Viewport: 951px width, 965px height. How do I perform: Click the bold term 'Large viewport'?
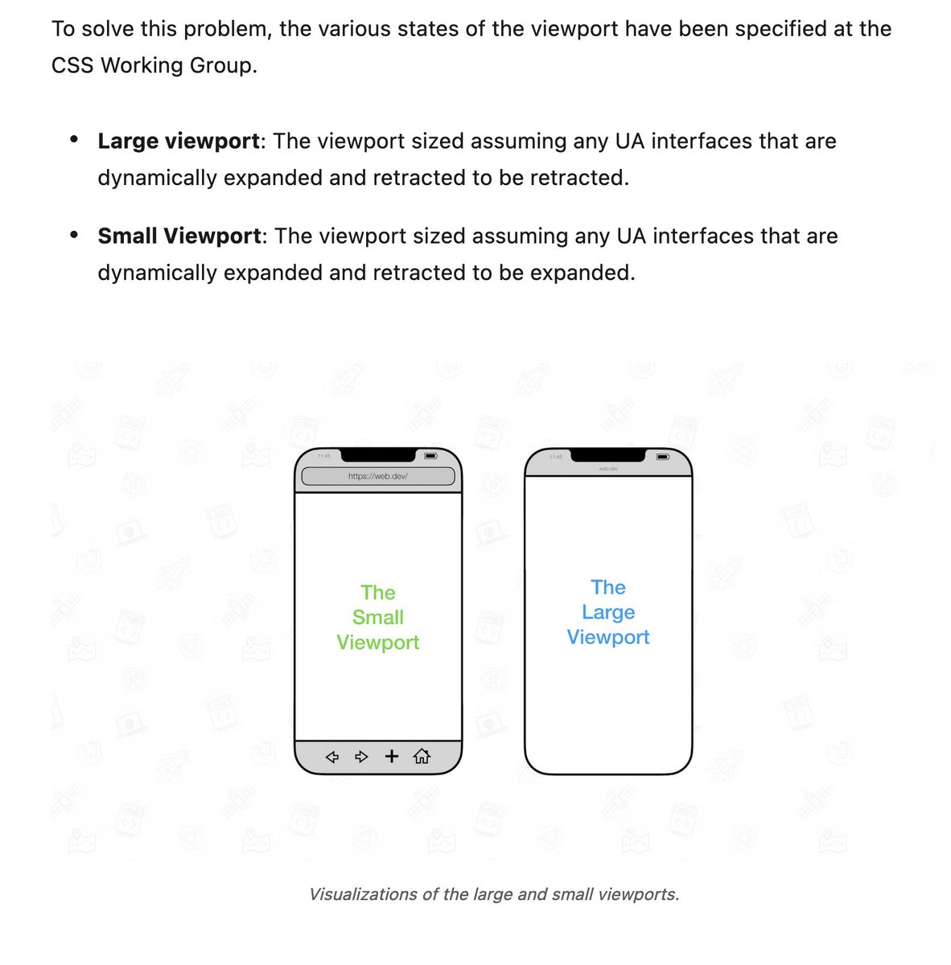[x=178, y=142]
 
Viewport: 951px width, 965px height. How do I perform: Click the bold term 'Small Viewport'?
[x=179, y=236]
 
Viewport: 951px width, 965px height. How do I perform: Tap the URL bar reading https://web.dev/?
[x=378, y=477]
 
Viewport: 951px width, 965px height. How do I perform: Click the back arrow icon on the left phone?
[x=331, y=757]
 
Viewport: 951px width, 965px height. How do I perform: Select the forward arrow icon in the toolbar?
[x=362, y=757]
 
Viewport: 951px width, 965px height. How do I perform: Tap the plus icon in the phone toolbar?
[x=392, y=756]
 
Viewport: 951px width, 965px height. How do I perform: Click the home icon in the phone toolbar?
[x=422, y=756]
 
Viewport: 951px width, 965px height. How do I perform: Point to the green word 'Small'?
[x=378, y=618]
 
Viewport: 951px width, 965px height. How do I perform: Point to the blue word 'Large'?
[x=608, y=613]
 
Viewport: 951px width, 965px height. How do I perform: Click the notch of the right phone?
[x=607, y=455]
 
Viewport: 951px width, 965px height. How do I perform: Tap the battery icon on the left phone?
[x=431, y=456]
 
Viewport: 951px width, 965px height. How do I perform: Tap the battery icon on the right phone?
[x=662, y=457]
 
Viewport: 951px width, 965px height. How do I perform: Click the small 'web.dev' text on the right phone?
[x=607, y=468]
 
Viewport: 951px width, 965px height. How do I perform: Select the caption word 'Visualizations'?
[x=363, y=894]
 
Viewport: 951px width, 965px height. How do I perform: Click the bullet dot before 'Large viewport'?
[x=74, y=140]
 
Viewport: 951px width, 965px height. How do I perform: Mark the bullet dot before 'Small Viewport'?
[x=74, y=235]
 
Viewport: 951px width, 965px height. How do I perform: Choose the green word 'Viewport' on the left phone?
[x=378, y=643]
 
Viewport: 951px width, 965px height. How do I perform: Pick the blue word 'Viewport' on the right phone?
[x=608, y=638]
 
